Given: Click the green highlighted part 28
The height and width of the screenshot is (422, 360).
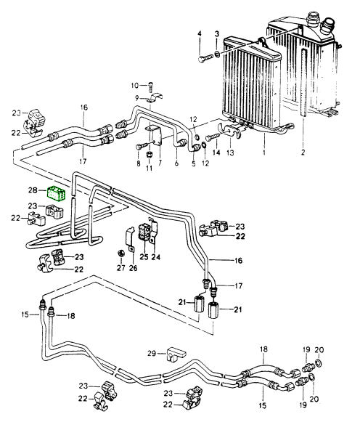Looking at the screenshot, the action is pos(57,193).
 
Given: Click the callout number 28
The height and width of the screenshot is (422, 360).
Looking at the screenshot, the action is pos(33,190).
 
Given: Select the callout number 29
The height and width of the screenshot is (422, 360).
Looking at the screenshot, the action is pos(152,353).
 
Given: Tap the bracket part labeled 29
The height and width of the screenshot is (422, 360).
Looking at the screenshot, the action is pos(176,354).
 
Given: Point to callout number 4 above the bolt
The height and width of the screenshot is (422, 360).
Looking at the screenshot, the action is pos(199,33).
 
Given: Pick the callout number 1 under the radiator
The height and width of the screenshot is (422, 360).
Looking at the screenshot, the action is pos(263,153).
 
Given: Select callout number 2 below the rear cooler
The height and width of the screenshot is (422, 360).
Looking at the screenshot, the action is pos(303,153).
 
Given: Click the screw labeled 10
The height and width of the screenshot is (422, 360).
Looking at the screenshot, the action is pos(150,86).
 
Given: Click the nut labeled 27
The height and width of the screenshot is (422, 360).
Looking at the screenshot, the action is pos(120,253).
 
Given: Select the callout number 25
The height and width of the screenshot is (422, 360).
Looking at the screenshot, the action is pos(144,257).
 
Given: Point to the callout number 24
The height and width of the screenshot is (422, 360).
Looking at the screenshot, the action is pos(155,257).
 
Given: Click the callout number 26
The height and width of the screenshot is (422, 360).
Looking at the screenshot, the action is pos(133,268).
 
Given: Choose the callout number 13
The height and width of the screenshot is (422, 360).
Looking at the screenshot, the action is pos(230,153).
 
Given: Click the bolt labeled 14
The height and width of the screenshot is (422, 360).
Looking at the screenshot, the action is pos(213,137).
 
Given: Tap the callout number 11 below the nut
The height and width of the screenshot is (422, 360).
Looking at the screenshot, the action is pos(149,168).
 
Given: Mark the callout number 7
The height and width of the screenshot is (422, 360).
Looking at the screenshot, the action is pos(160,163).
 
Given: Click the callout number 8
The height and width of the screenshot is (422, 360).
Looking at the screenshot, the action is pos(139,163).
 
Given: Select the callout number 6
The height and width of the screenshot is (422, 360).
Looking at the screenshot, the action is pos(176,163).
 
